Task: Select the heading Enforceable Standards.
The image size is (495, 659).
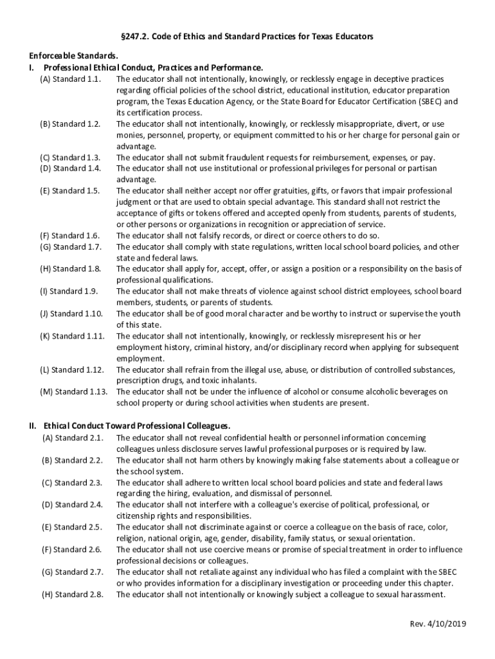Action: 64,57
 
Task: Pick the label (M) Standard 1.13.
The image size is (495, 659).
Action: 72,392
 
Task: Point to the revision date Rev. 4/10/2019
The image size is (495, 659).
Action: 438,624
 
